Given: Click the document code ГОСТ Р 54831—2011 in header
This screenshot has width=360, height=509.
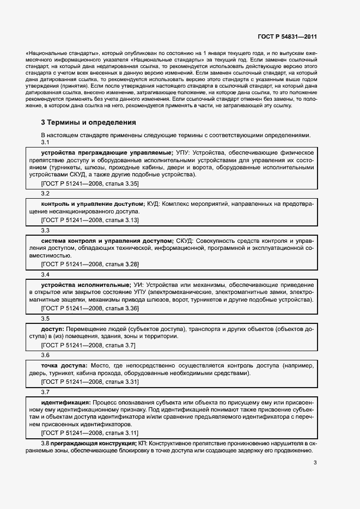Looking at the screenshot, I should [x=286, y=36].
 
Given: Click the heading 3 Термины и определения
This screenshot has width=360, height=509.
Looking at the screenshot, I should [x=84, y=122].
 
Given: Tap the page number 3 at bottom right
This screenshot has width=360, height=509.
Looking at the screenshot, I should [x=315, y=463].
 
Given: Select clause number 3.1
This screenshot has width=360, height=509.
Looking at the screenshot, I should [x=46, y=143].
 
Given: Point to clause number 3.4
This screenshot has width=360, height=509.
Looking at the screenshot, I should [x=46, y=275].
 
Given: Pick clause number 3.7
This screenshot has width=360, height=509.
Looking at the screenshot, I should [x=46, y=391].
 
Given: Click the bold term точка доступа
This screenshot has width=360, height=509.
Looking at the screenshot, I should [x=64, y=365].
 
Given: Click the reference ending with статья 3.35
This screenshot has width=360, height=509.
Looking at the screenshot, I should [x=90, y=184].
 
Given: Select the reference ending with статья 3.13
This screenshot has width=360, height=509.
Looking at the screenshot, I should [x=90, y=219].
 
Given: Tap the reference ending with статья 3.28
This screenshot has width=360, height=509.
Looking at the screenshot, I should [x=90, y=264].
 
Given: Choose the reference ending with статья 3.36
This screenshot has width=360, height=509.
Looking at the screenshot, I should [x=90, y=308].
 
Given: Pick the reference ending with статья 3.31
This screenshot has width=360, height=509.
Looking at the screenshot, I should [x=90, y=382].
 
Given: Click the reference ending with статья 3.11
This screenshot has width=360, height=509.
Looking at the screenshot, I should [x=90, y=433].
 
